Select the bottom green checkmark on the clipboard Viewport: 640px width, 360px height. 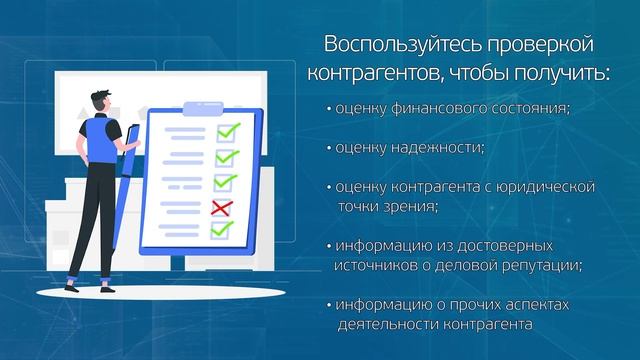(x=222, y=230)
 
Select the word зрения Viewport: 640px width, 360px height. (x=407, y=206)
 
